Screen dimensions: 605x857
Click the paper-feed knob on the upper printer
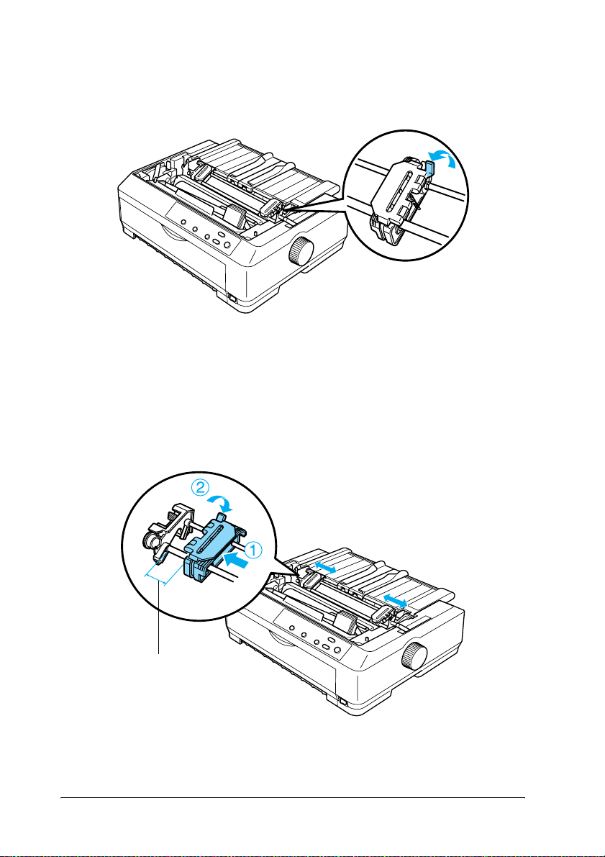300,253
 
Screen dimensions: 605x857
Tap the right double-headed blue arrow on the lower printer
395,600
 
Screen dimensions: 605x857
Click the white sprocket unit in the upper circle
398,196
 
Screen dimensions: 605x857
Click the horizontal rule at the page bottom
292,797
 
